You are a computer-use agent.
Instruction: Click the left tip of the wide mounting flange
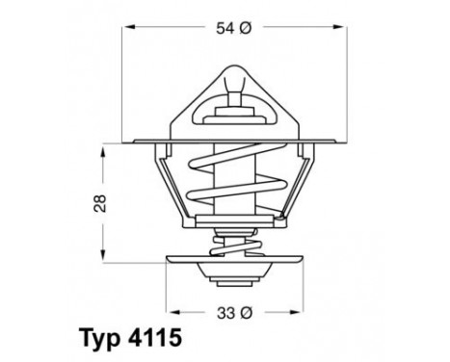coord(132,145)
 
